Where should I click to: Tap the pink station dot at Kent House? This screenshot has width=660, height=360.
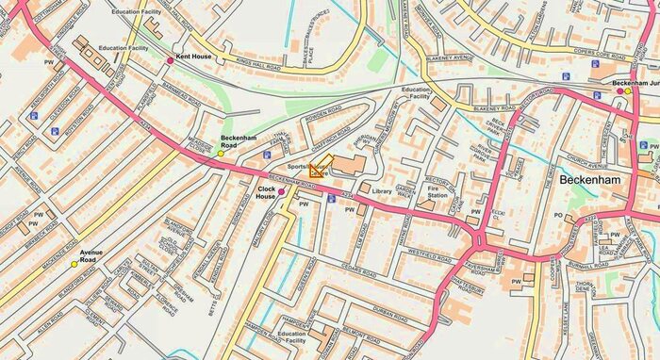[x=171, y=60]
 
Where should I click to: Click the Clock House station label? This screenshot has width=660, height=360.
[x=267, y=191]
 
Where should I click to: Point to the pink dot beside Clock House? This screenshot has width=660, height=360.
[x=281, y=191]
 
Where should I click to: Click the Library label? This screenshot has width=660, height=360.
[x=382, y=191]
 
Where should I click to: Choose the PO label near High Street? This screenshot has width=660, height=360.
[x=558, y=216]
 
